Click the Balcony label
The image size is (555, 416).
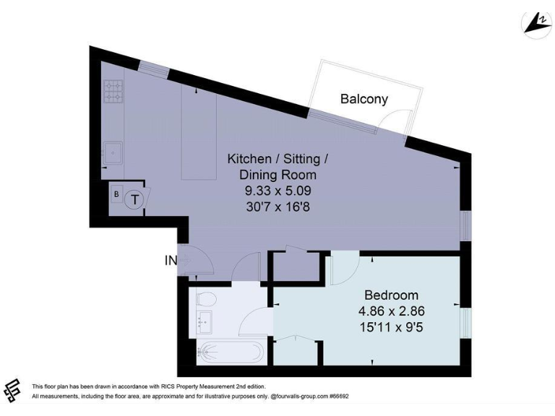click(364, 100)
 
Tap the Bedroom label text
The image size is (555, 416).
click(391, 295)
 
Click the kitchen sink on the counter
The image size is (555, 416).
click(113, 152)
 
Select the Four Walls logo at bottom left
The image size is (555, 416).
click(12, 390)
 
